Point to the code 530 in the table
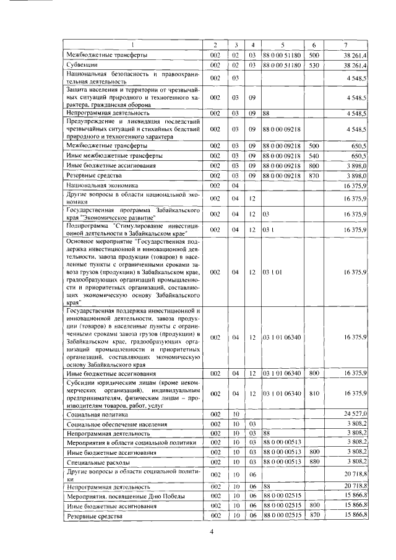click(314, 64)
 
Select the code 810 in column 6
click(314, 393)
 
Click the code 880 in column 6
click(314, 462)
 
